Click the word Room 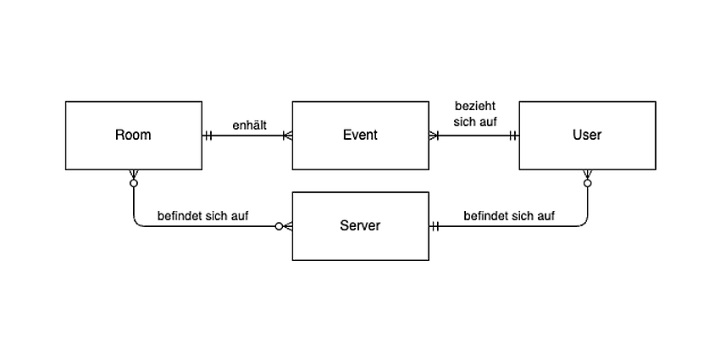point(133,135)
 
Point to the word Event point(361,135)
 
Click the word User point(587,135)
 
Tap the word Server point(361,225)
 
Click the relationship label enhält point(249,125)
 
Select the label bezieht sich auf point(475,114)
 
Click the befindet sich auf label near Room point(203,216)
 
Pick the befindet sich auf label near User point(509,216)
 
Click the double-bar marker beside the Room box point(208,136)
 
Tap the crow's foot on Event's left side point(288,136)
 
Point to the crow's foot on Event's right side point(434,136)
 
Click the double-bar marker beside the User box point(513,136)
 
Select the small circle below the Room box point(134,183)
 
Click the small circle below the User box point(587,183)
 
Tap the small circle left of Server point(279,226)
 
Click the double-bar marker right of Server point(435,226)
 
